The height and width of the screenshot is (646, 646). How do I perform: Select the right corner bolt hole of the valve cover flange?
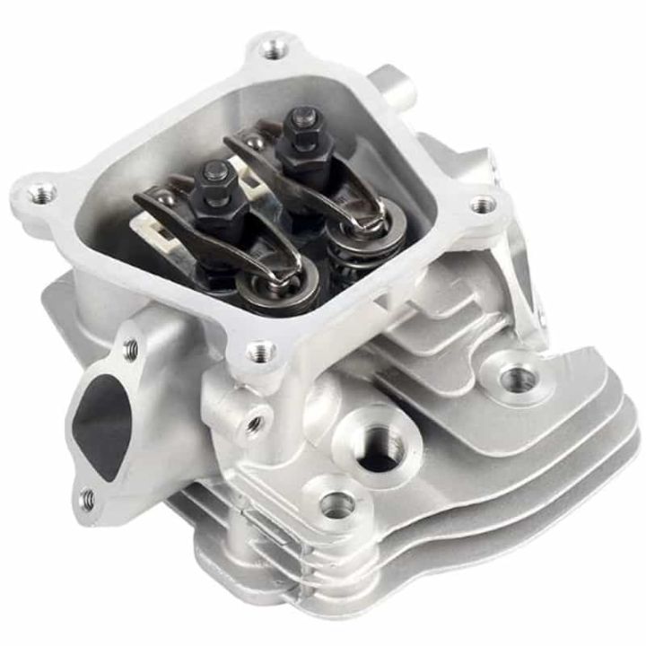pyautogui.click(x=483, y=205)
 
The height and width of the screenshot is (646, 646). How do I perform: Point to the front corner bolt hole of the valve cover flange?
pyautogui.click(x=260, y=351)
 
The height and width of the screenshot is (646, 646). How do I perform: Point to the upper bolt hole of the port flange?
pyautogui.click(x=131, y=344)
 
